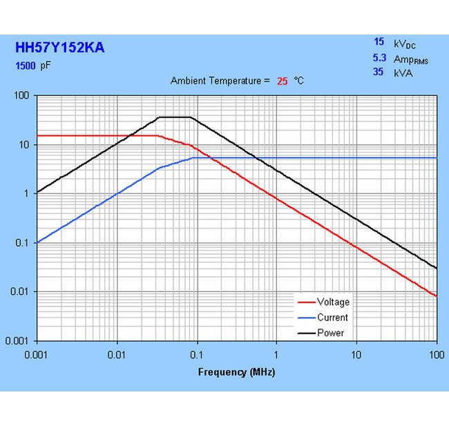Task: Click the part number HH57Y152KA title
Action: (x=60, y=48)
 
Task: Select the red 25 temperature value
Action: (x=282, y=81)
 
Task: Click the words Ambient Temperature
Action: (x=216, y=81)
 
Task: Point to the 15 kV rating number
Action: (x=379, y=42)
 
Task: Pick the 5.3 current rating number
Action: (x=379, y=59)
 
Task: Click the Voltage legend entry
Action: (x=333, y=302)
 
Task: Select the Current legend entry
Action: (x=332, y=318)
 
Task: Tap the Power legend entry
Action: (x=330, y=333)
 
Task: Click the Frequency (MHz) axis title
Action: (x=236, y=372)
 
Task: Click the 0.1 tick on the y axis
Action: (x=25, y=243)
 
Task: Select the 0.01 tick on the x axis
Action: (x=116, y=354)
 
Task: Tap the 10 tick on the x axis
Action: (x=356, y=354)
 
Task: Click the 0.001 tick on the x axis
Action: (x=36, y=354)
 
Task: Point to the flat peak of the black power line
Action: (x=175, y=117)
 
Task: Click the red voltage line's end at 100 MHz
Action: (x=436, y=296)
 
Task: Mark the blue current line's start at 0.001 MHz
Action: (x=37, y=242)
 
